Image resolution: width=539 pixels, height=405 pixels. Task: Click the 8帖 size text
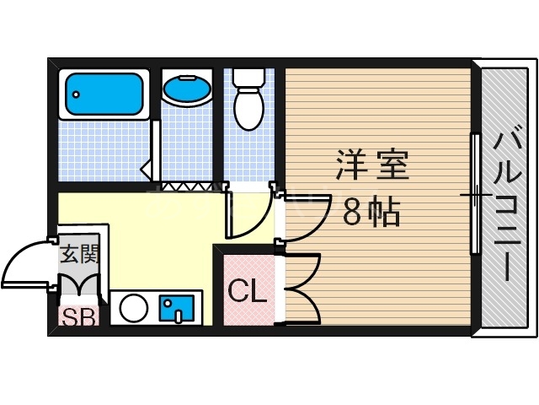(x=371, y=212)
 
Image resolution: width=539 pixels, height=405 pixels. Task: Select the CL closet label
(x=248, y=293)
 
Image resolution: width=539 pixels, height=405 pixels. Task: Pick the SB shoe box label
(x=78, y=317)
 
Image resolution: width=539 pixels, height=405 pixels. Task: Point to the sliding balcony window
(x=477, y=194)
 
